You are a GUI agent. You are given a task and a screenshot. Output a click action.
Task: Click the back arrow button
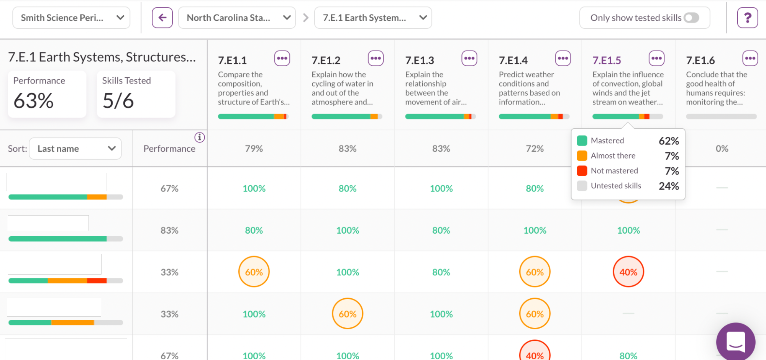[162, 18]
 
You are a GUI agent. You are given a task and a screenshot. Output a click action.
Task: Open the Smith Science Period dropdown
[71, 18]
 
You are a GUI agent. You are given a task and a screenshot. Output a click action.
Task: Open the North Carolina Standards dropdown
[237, 18]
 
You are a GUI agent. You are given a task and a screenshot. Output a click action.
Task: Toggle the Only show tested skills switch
[691, 18]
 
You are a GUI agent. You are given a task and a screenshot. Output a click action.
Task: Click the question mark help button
[747, 18]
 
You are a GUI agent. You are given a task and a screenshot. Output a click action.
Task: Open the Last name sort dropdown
[75, 149]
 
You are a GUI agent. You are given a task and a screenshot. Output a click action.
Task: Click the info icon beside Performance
[200, 137]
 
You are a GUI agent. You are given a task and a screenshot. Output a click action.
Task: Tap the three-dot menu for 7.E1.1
[282, 59]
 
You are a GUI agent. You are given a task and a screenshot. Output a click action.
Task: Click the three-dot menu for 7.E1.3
[469, 59]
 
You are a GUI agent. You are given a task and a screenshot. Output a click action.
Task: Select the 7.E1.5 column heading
[607, 61]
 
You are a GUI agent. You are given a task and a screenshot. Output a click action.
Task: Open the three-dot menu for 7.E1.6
[750, 59]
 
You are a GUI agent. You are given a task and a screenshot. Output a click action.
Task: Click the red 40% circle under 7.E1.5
[628, 272]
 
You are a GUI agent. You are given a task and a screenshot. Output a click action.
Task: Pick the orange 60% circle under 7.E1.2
[348, 314]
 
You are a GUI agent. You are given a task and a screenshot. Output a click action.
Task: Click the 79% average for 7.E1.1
[254, 149]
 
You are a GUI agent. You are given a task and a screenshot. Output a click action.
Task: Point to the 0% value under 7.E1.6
[722, 149]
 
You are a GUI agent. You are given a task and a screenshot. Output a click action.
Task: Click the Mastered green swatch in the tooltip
[582, 141]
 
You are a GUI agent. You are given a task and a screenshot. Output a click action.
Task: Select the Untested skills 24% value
[669, 186]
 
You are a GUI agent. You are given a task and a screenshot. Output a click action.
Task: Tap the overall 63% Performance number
[34, 101]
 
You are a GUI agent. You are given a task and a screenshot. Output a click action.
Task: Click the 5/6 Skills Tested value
[118, 101]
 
